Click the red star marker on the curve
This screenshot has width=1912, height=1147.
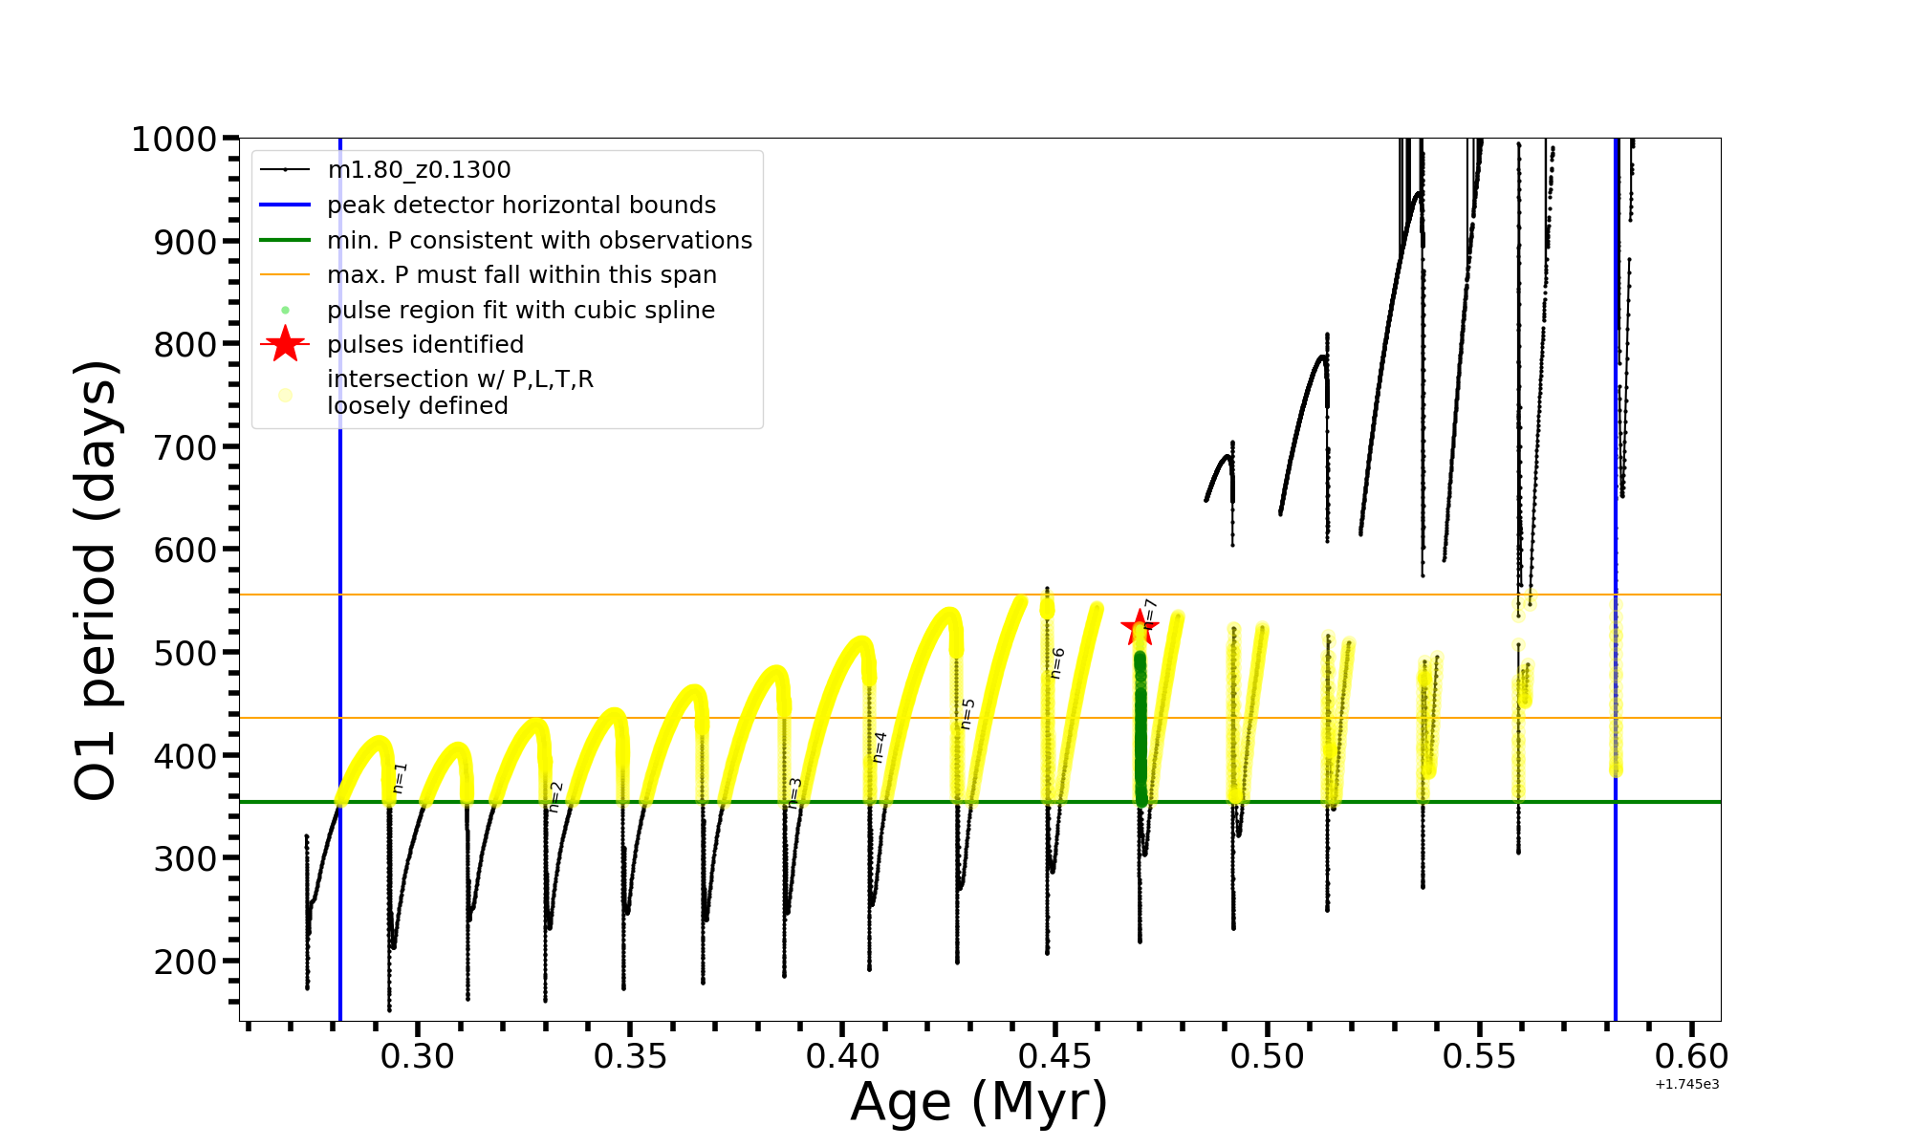pos(1140,629)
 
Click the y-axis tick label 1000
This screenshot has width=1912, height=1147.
pos(174,140)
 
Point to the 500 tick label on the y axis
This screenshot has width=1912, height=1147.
pos(185,653)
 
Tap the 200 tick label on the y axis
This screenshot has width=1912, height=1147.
pos(185,962)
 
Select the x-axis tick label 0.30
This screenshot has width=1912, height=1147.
pos(418,1057)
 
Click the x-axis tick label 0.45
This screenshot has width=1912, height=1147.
pos(1055,1057)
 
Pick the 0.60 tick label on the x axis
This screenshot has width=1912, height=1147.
pos(1692,1057)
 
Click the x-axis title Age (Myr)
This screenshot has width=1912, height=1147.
pos(979,1102)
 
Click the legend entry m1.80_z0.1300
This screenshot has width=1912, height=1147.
pos(419,170)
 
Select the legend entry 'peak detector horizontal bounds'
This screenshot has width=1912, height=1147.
pos(521,206)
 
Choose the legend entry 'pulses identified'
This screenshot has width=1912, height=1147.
pos(425,345)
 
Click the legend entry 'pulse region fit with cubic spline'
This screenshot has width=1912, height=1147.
pos(521,311)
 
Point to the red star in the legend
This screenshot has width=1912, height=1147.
pos(285,344)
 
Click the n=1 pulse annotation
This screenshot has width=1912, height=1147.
pos(401,777)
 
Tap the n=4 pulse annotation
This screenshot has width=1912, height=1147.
pos(880,747)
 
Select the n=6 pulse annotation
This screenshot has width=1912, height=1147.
pos(1057,663)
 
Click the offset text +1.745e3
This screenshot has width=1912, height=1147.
pos(1686,1085)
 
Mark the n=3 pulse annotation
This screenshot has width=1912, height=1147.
pos(794,793)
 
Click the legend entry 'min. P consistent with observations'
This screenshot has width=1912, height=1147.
pos(539,241)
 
